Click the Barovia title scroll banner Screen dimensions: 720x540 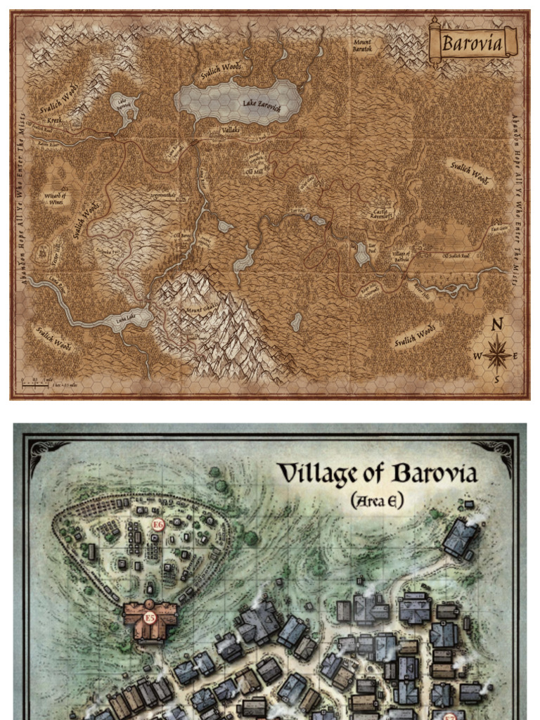(x=472, y=44)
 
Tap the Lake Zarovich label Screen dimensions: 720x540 (x=262, y=104)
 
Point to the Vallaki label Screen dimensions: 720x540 (x=230, y=131)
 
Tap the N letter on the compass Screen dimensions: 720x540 (x=497, y=325)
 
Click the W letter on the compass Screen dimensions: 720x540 (x=477, y=356)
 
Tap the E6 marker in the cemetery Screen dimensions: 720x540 (x=158, y=524)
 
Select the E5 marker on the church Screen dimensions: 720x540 (x=149, y=618)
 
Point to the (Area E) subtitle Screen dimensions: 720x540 (x=376, y=500)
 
